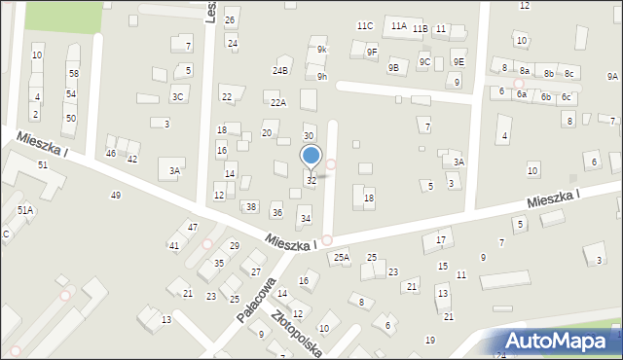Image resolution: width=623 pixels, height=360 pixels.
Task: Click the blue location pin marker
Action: click(x=311, y=157)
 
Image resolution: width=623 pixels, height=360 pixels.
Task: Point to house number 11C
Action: click(x=365, y=25)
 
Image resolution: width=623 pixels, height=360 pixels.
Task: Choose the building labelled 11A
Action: click(x=399, y=25)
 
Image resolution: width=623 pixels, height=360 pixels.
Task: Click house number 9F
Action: click(x=372, y=53)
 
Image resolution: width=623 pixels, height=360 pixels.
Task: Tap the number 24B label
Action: click(x=280, y=71)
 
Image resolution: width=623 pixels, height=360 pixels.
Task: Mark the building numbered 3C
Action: click(x=178, y=96)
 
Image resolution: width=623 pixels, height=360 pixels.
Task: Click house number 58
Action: click(x=73, y=74)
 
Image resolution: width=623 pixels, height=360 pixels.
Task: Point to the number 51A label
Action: click(x=25, y=210)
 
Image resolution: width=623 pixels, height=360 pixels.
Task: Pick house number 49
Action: click(x=116, y=196)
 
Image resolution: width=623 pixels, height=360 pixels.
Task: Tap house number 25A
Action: click(x=341, y=257)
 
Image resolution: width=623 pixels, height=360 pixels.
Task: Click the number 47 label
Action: click(x=193, y=227)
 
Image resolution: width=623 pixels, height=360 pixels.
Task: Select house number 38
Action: click(x=251, y=207)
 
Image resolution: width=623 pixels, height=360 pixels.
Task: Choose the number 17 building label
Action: click(x=441, y=240)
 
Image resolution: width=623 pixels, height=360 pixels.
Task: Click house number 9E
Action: click(x=458, y=62)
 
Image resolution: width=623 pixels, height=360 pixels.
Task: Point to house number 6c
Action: click(x=566, y=97)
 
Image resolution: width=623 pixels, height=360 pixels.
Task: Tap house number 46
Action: click(x=111, y=154)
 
